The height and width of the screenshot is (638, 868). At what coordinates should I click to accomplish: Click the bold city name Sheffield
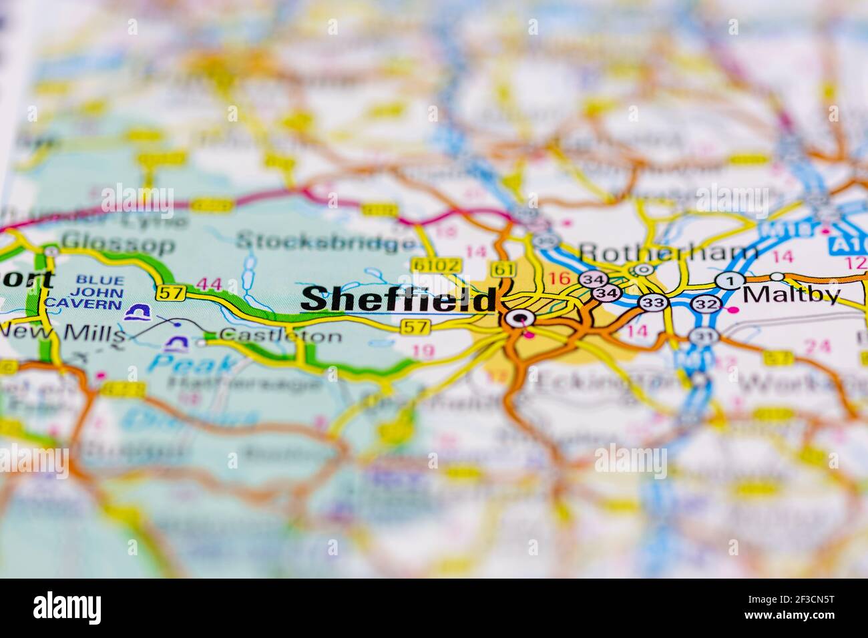[x=399, y=299]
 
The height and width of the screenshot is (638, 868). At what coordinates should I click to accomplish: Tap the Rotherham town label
[x=668, y=252]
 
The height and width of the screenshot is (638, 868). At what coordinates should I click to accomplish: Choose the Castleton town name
[x=279, y=336]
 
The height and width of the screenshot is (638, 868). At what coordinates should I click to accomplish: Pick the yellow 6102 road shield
[x=437, y=266]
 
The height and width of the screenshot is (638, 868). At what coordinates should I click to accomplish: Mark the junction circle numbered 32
[x=703, y=304]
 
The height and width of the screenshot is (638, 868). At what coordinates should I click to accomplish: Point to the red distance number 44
[x=210, y=285]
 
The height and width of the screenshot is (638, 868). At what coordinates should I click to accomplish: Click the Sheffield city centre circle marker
[x=519, y=318]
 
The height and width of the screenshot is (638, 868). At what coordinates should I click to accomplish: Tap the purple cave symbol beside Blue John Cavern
[x=138, y=312]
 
